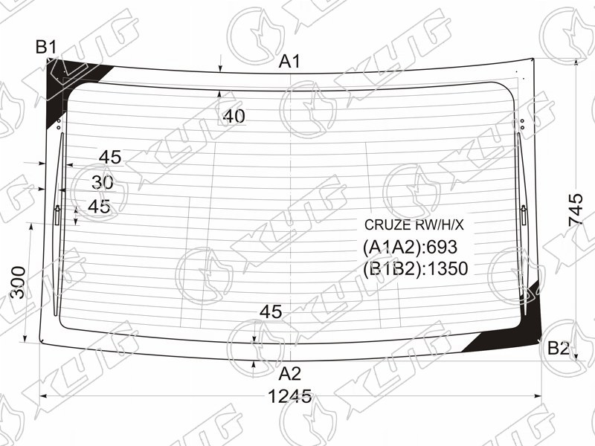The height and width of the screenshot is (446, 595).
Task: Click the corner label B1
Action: click(46, 48)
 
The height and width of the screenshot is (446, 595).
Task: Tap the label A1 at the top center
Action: click(289, 62)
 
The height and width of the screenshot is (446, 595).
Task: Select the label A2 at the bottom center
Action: click(289, 374)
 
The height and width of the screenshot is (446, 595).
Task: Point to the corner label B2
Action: click(559, 348)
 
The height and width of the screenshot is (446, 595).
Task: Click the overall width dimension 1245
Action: click(290, 397)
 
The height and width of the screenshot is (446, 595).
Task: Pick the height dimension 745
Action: click(576, 210)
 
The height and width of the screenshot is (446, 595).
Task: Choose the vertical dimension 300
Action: click(18, 282)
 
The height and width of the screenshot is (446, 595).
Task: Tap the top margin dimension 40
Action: click(234, 117)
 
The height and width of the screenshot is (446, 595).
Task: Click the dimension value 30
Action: click(103, 183)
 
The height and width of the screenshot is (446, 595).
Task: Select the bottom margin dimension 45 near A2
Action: click(271, 312)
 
